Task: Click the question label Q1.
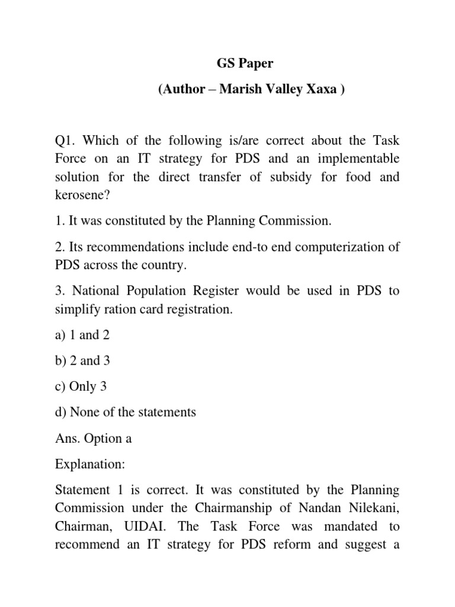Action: [65, 141]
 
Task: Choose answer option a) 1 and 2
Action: [82, 335]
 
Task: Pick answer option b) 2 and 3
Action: [82, 360]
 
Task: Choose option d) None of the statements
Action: [125, 412]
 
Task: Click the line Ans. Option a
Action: [93, 438]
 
